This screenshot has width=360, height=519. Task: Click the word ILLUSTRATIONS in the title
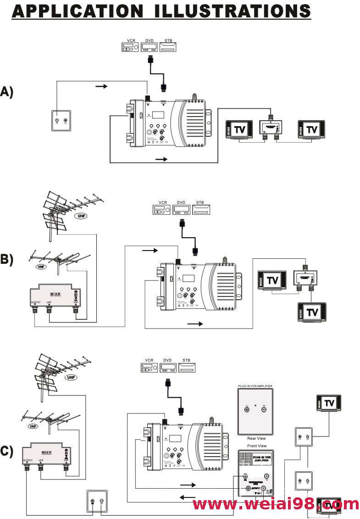tap(233, 11)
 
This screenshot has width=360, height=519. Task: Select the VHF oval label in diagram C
tap(32, 426)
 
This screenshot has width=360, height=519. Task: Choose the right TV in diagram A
tap(311, 129)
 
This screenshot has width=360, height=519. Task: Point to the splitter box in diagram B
tap(305, 278)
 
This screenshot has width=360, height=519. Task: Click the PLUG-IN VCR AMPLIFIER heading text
tap(255, 386)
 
